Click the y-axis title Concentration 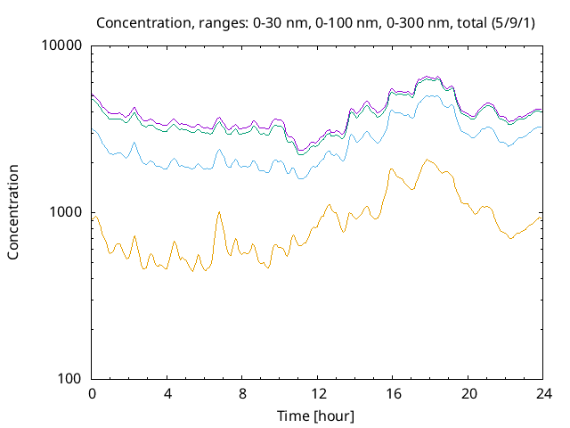13,212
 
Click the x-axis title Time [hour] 316,416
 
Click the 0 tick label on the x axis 92,393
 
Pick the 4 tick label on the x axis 167,393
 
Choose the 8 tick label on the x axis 242,393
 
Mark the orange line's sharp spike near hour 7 219,212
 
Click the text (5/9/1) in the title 512,21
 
